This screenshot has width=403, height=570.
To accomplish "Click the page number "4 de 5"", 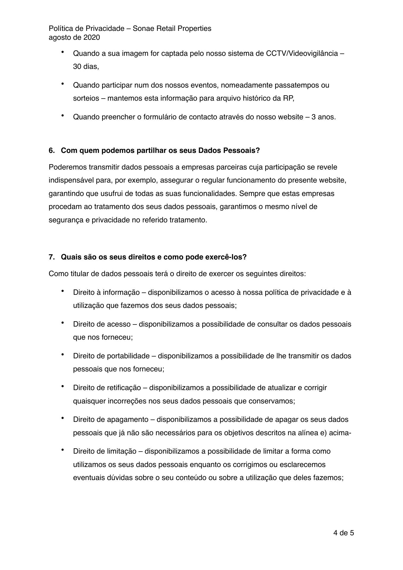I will (x=344, y=533).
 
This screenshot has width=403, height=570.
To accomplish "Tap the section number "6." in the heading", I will (x=52, y=151).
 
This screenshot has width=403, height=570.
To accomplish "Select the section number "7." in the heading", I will (x=52, y=257).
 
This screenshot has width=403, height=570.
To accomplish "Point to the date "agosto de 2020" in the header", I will (x=74, y=37).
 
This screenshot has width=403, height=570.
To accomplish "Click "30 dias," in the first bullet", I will (x=86, y=66).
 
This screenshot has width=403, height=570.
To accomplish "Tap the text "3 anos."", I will (x=324, y=117).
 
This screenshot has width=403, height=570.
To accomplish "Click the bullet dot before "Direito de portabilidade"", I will (x=63, y=354).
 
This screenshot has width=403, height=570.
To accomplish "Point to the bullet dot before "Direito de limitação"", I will (x=63, y=450).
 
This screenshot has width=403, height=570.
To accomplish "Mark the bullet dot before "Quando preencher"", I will (x=63, y=116).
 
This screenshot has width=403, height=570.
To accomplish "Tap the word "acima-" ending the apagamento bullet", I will (x=340, y=433).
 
